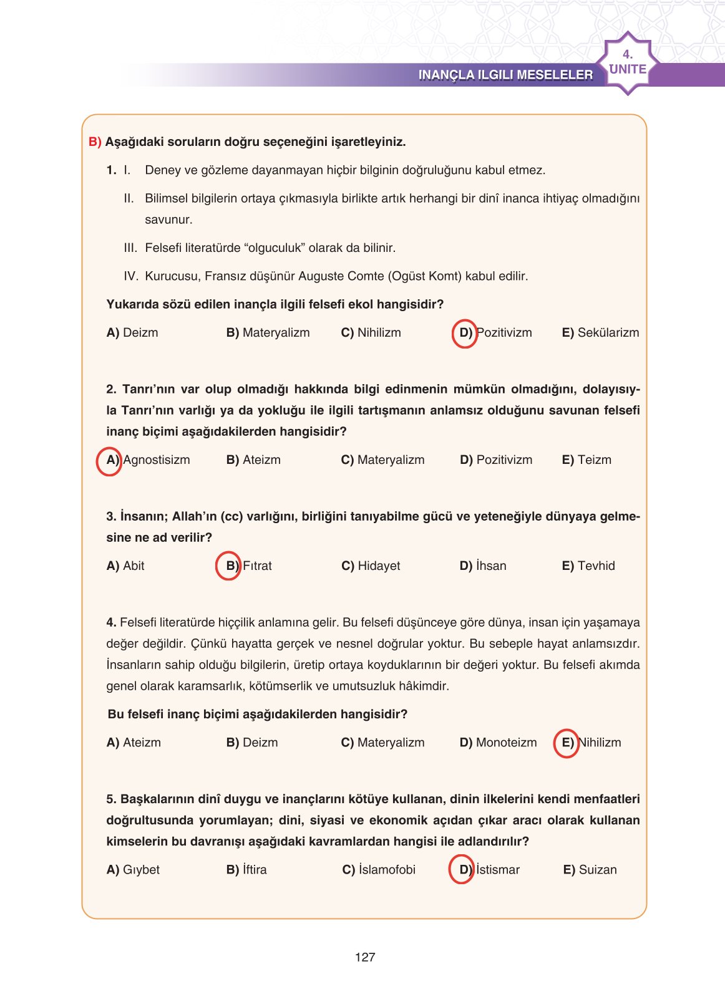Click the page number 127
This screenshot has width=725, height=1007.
[364, 957]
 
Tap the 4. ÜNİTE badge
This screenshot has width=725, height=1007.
[627, 63]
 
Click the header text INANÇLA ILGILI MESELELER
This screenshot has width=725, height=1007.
[505, 75]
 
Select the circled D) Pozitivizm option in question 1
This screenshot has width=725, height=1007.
[495, 333]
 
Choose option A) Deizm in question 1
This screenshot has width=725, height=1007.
[132, 333]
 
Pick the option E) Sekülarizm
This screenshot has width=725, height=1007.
[600, 333]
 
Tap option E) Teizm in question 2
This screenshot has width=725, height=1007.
[586, 460]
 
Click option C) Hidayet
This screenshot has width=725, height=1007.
[371, 566]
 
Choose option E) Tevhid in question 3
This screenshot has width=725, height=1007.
[588, 566]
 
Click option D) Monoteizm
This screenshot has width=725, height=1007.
[498, 743]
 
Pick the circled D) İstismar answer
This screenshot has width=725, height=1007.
[489, 870]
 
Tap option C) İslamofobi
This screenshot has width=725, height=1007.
[379, 870]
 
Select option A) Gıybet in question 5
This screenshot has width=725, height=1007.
[133, 870]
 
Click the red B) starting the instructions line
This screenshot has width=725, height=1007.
[95, 142]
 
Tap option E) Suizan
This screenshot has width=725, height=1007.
[590, 870]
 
